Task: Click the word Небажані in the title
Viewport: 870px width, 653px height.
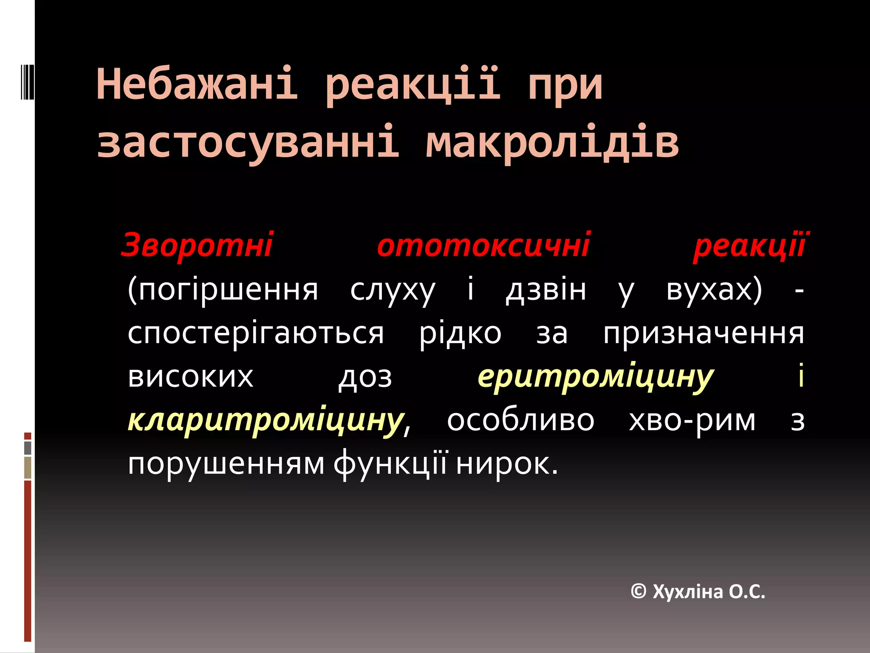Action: click(x=197, y=84)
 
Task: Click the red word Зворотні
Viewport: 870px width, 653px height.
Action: click(x=197, y=245)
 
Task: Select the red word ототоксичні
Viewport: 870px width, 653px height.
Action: click(x=483, y=245)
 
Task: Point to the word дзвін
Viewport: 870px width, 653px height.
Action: click(x=546, y=290)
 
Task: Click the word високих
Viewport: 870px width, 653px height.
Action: click(x=191, y=377)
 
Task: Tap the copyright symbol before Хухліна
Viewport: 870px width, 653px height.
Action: click(x=638, y=591)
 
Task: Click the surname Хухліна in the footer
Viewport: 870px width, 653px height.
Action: click(x=688, y=592)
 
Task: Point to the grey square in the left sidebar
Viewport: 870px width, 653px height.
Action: click(x=28, y=448)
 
